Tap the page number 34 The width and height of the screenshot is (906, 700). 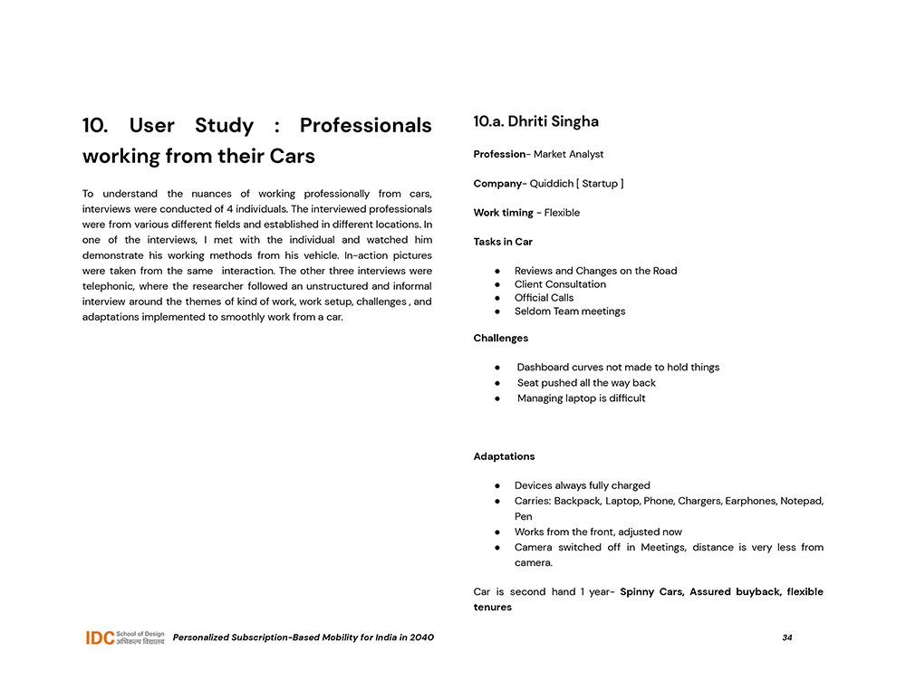(787, 638)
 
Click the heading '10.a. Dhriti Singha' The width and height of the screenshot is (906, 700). (535, 121)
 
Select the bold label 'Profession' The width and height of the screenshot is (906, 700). (499, 154)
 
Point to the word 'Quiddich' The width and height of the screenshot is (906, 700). (551, 183)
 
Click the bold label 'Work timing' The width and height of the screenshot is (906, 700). (503, 213)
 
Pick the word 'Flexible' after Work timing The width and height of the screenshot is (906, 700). (562, 213)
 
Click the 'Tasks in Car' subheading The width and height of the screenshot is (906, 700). (503, 242)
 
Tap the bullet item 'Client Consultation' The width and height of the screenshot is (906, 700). (560, 284)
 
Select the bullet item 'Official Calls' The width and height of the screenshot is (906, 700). (544, 298)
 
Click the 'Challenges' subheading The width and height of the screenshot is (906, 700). (500, 338)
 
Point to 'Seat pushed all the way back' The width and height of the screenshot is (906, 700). (586, 383)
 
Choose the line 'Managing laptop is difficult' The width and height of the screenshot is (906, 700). (581, 398)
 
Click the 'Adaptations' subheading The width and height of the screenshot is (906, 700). (504, 456)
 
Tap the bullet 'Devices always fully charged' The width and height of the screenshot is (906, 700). (582, 485)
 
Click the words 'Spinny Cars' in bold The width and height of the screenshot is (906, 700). (651, 592)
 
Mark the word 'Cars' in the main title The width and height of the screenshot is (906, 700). (291, 156)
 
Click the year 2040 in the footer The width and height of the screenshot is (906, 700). (420, 638)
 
